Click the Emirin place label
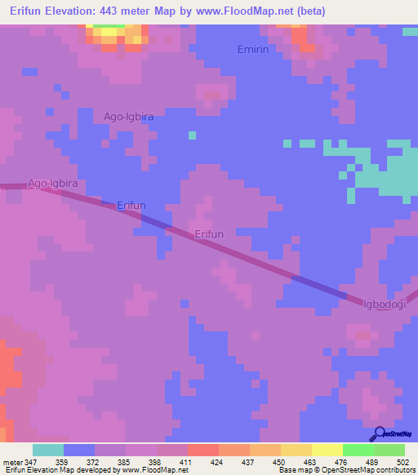point(252,50)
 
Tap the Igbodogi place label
point(385,304)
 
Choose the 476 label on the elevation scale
point(341,461)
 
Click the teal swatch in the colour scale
point(48,450)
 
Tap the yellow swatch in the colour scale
point(296,450)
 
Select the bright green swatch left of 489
point(358,450)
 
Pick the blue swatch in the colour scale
point(79,450)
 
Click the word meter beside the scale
point(12,461)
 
